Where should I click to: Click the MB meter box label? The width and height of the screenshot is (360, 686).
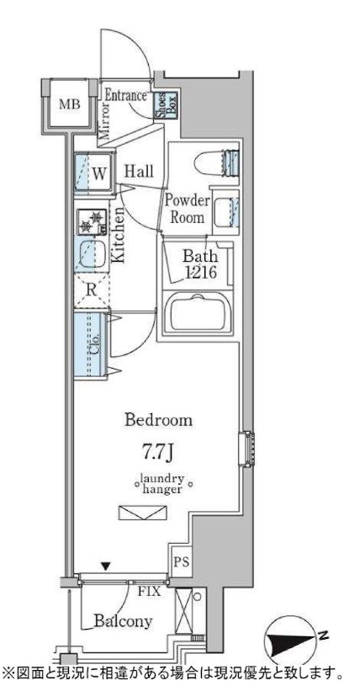point(70,104)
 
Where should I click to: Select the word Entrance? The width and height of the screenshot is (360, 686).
point(126,95)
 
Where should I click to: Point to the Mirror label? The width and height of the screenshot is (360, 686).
point(103,120)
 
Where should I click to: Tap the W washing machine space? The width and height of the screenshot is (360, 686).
point(93,173)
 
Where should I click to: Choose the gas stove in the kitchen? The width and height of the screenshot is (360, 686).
point(92,222)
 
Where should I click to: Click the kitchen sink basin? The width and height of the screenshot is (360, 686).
point(91,254)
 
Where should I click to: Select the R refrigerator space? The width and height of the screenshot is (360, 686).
point(92,290)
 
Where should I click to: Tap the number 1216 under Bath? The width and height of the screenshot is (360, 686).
point(199,273)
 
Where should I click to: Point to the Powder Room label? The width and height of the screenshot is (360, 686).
point(188,209)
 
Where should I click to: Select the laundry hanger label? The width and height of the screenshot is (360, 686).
point(162,484)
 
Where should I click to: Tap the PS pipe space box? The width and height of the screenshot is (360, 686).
point(181,561)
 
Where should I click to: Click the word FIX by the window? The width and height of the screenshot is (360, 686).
point(150,593)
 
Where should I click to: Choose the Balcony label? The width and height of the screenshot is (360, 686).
point(124,620)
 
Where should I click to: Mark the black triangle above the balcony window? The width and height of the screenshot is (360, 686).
point(105,567)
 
